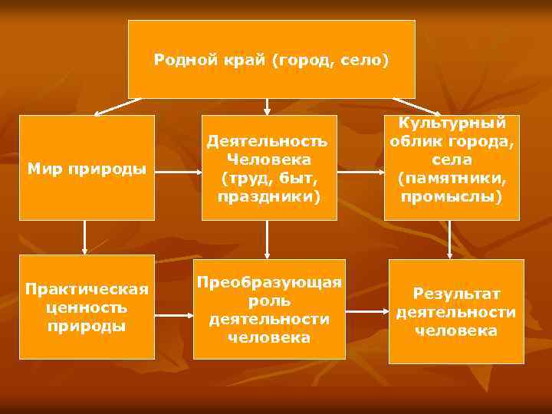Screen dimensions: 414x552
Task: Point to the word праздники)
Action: [x=268, y=197]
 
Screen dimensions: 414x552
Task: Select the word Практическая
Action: [x=86, y=289]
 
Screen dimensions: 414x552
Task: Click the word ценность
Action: [x=86, y=307]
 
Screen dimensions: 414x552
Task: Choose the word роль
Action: [x=268, y=300]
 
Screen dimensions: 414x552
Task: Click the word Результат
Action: [x=456, y=293]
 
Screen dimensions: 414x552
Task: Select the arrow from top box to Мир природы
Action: [x=118, y=106]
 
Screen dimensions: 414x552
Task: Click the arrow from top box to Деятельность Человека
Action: [x=267, y=107]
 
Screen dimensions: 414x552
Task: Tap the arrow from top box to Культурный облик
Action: [x=416, y=106]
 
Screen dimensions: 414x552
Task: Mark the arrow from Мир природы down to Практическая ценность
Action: [x=84, y=238]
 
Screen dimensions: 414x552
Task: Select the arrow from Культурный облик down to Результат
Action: [x=450, y=240]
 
